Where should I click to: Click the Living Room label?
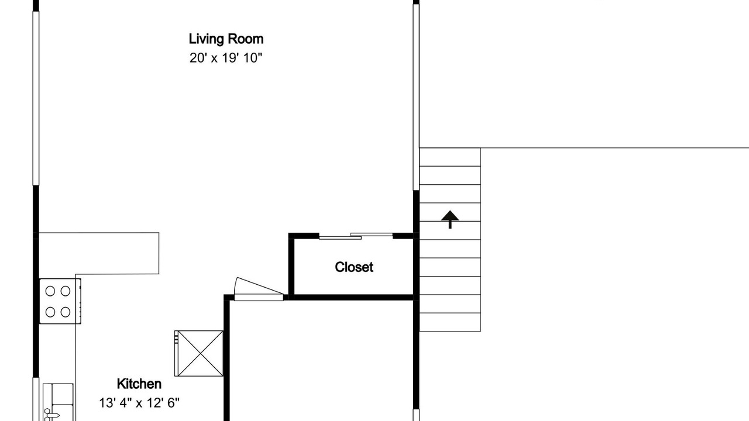[226, 39]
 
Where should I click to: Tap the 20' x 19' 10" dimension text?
[226, 58]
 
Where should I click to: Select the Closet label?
[354, 267]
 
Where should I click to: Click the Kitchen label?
[139, 384]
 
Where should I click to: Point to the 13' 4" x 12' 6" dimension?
[139, 403]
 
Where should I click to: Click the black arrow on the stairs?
[450, 219]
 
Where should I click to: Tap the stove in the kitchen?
[60, 301]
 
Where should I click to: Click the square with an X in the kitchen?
[199, 354]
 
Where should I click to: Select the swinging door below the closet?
[259, 289]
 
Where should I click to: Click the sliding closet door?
[356, 236]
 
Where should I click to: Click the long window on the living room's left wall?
[36, 99]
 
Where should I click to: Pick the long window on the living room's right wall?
[416, 97]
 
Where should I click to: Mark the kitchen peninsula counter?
[99, 253]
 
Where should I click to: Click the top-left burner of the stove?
[50, 291]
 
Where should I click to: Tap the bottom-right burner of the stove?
[66, 312]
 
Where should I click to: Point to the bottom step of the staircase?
[450, 322]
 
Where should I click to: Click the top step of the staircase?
[450, 157]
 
